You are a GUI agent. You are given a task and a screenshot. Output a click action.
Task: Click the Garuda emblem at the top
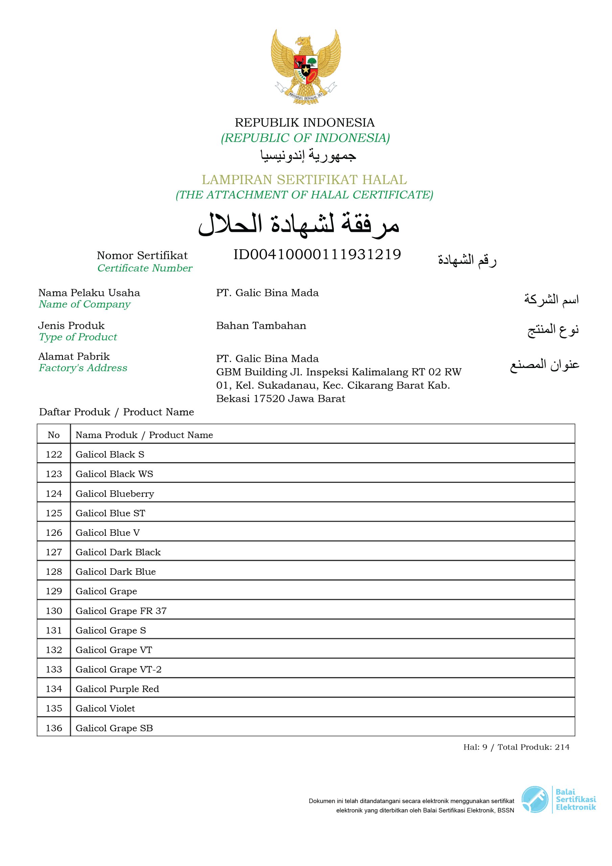tap(305, 67)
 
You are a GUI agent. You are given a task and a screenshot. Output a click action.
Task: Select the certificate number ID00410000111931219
tap(317, 255)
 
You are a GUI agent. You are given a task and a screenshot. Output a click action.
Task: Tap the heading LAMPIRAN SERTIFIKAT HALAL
tap(304, 180)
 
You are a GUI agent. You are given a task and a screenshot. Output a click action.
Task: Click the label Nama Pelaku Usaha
tap(89, 293)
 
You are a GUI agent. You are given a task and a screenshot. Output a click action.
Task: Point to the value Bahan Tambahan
tap(261, 325)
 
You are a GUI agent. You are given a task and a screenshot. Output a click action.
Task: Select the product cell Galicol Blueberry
tap(115, 494)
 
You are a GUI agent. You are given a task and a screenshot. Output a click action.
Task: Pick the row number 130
tap(53, 611)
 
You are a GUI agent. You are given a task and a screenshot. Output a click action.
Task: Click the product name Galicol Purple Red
tap(117, 689)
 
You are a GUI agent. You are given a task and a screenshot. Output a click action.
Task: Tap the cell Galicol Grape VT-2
tap(118, 669)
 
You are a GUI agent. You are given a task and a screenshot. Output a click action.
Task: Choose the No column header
tap(53, 435)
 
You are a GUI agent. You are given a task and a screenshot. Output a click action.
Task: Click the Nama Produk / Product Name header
tap(144, 435)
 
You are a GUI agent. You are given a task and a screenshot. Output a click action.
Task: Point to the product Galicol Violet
tap(105, 708)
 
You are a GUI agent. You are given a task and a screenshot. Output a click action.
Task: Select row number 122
tap(53, 455)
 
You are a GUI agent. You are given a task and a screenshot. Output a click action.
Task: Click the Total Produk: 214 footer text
tap(533, 747)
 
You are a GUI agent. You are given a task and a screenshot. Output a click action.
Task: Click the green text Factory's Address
tap(83, 368)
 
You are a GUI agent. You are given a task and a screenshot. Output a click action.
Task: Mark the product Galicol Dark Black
tap(118, 552)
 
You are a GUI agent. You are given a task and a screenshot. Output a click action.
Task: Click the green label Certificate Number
tap(144, 268)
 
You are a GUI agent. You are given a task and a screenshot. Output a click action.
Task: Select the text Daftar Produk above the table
tap(74, 412)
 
